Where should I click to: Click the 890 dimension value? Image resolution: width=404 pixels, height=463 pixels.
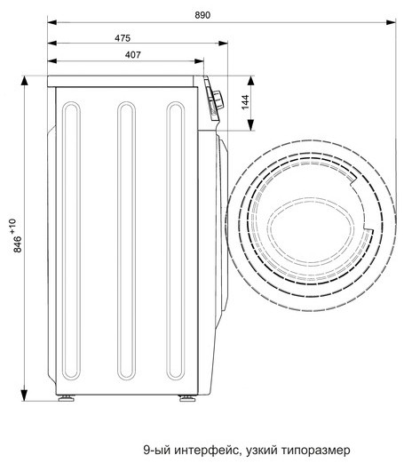(x=202, y=15)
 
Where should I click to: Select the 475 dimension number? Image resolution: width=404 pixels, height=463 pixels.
(x=123, y=38)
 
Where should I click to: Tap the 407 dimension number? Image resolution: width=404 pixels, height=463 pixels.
(x=133, y=55)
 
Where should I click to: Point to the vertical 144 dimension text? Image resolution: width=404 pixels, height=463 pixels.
(x=245, y=102)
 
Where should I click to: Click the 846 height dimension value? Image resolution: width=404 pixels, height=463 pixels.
(x=18, y=244)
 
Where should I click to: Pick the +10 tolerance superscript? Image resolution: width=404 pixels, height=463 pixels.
(x=12, y=226)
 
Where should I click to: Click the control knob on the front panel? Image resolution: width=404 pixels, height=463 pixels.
(x=218, y=100)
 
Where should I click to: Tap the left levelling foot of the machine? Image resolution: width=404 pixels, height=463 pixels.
(x=67, y=398)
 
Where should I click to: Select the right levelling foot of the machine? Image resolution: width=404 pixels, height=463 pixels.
(x=187, y=398)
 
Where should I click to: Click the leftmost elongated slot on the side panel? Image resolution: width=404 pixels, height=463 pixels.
(x=71, y=241)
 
